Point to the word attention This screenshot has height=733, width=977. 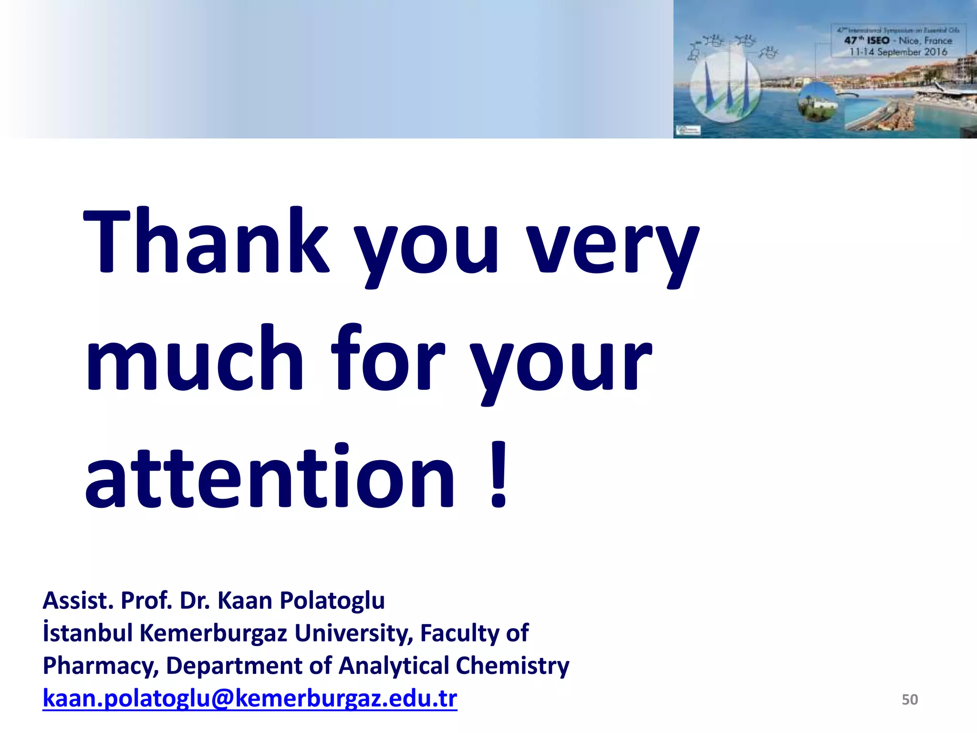pyautogui.click(x=270, y=477)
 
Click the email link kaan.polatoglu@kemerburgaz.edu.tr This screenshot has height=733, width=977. pyautogui.click(x=249, y=699)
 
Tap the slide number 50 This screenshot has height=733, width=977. pyautogui.click(x=909, y=700)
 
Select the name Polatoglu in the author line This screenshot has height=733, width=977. pyautogui.click(x=332, y=601)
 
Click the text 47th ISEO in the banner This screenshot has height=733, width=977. pyautogui.click(x=867, y=41)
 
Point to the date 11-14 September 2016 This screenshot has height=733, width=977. pyautogui.click(x=898, y=52)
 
